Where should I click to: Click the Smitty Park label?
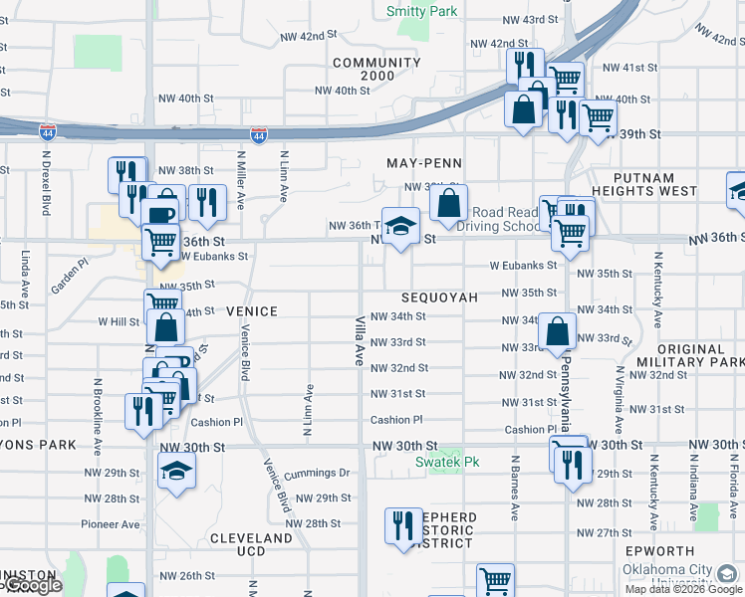point(421,12)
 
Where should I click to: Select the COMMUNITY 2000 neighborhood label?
point(377,70)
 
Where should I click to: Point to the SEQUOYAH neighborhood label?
point(439,298)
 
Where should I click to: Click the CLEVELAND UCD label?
point(251,544)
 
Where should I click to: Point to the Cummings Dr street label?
point(317,473)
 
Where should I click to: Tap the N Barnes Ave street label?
point(515,489)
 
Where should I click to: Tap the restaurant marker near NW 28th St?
point(403,524)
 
